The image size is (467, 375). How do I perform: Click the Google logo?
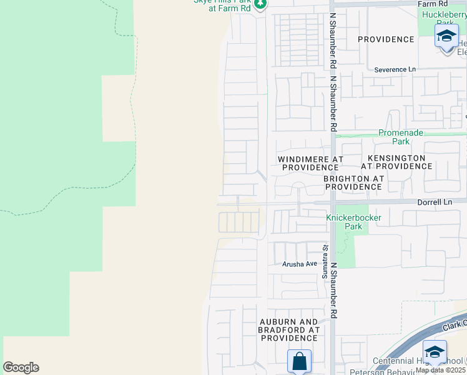pyautogui.click(x=21, y=367)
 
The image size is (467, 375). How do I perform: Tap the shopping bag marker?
pyautogui.click(x=299, y=361)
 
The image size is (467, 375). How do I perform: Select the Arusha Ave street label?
pyautogui.click(x=299, y=264)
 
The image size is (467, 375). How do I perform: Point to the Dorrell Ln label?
pyautogui.click(x=434, y=202)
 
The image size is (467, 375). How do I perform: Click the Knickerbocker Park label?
pyautogui.click(x=353, y=222)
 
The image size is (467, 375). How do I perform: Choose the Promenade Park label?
pyautogui.click(x=401, y=137)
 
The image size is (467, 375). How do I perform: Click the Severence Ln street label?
pyautogui.click(x=395, y=69)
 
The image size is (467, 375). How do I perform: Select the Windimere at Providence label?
pyautogui.click(x=310, y=163)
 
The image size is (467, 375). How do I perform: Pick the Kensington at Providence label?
pyautogui.click(x=396, y=162)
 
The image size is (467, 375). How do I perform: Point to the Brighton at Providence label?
pyautogui.click(x=353, y=182)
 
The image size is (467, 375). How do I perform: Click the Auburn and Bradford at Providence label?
pyautogui.click(x=289, y=329)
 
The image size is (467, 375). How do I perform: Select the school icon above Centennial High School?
pyautogui.click(x=435, y=351)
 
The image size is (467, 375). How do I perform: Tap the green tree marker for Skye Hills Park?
pyautogui.click(x=261, y=5)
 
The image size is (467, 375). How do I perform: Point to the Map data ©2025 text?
pyautogui.click(x=440, y=370)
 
